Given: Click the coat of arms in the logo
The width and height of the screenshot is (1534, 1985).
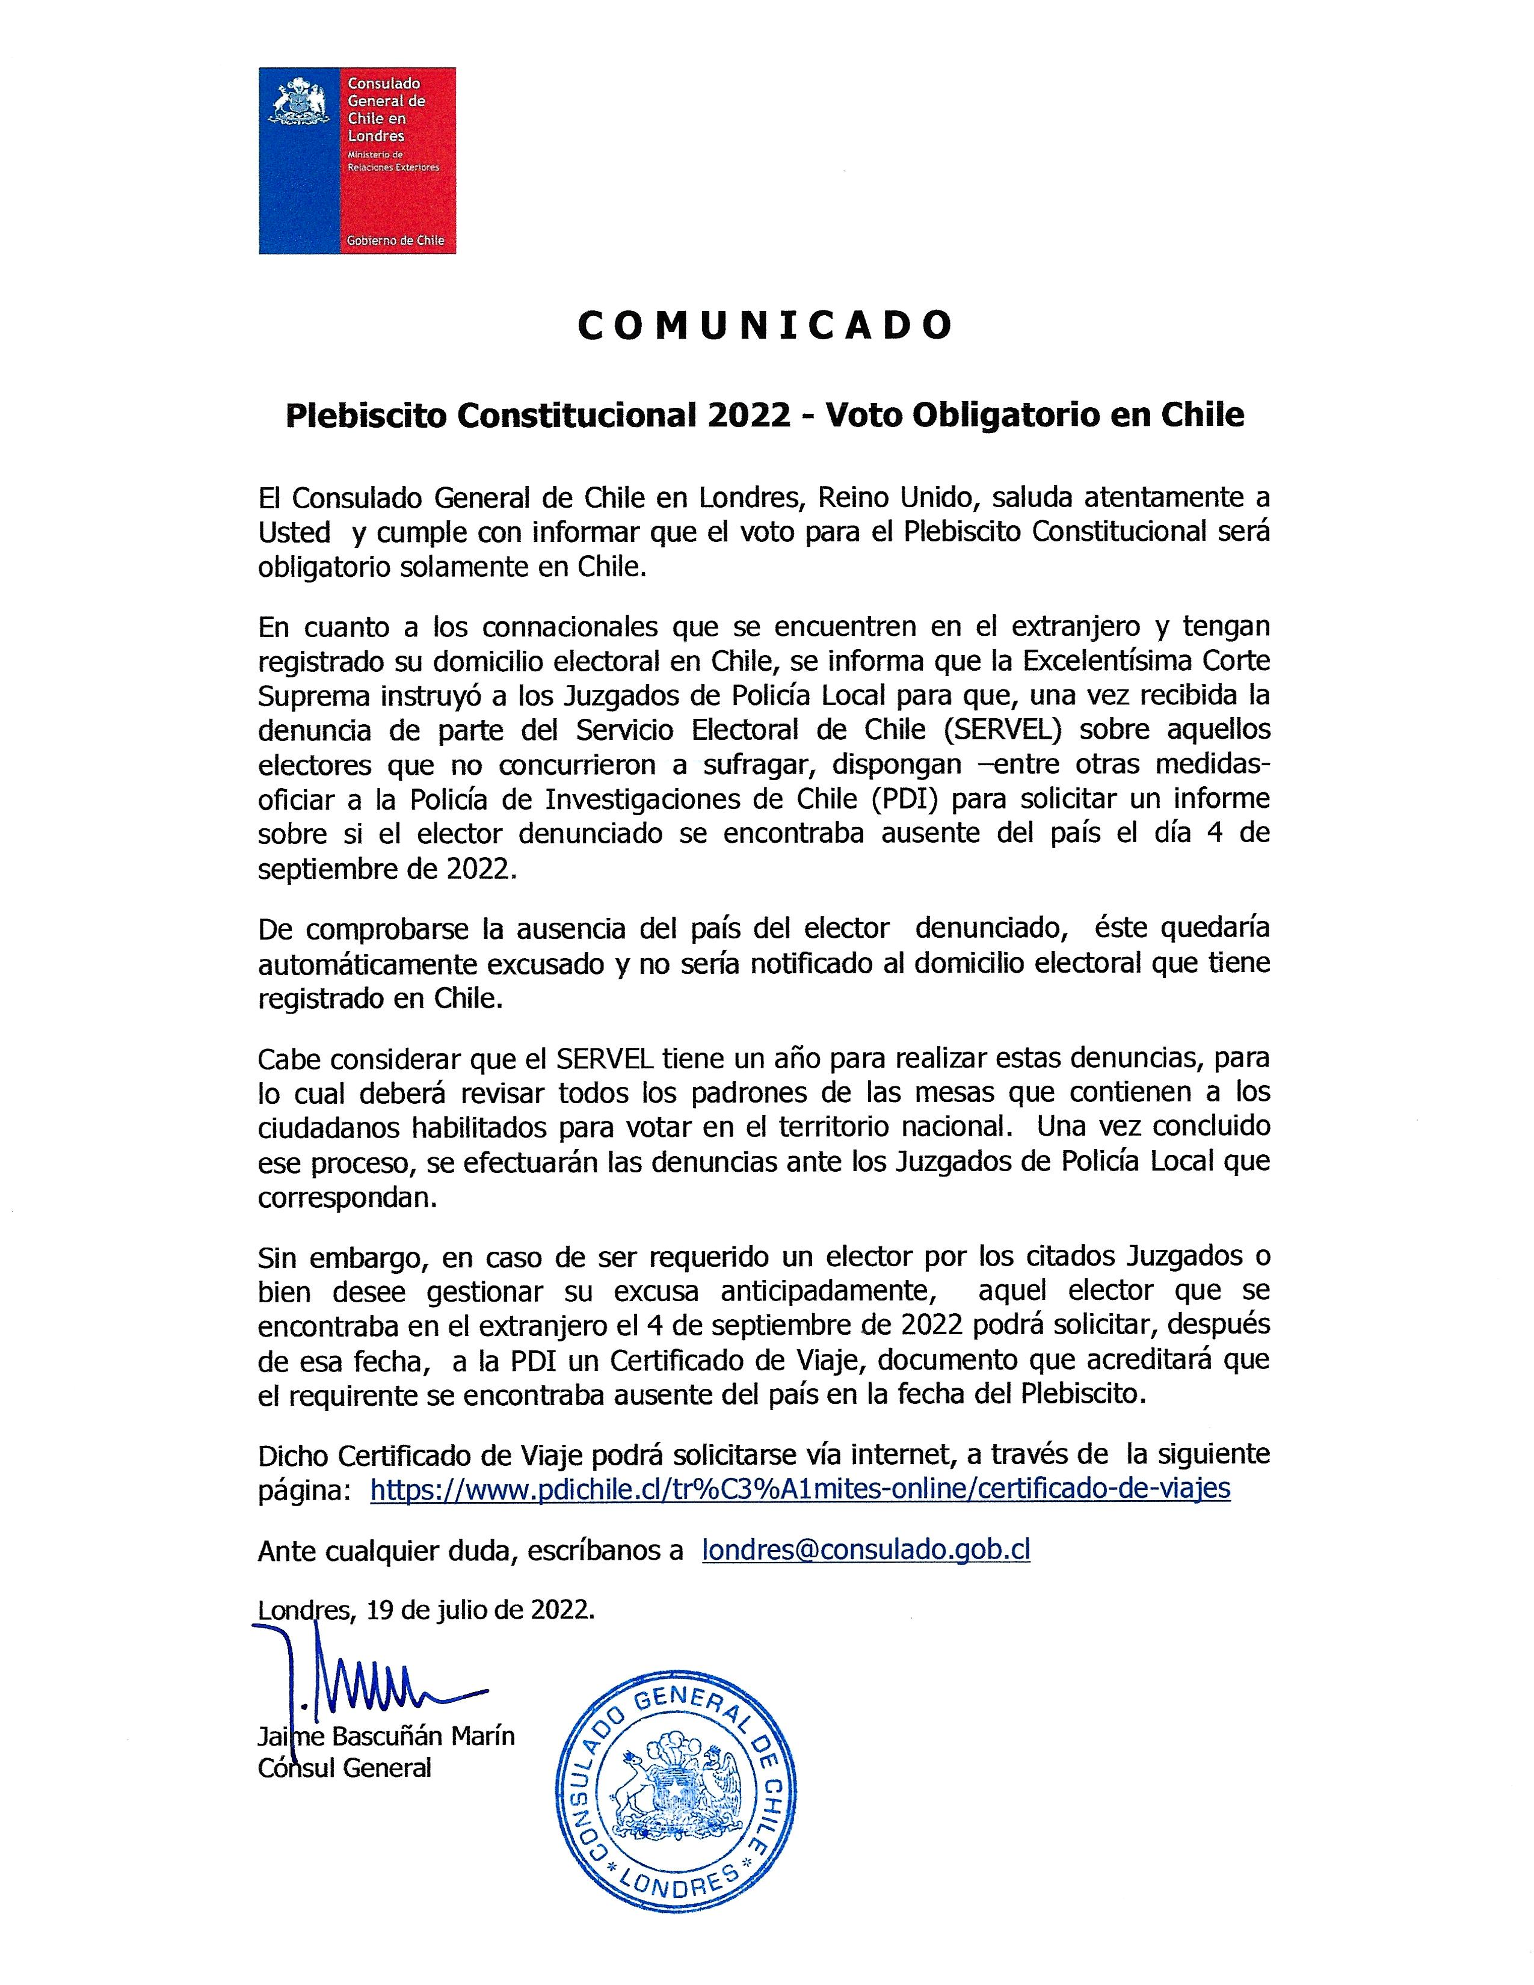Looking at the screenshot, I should pos(297,103).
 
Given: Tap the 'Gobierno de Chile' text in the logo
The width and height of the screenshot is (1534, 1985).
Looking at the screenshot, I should pos(395,240).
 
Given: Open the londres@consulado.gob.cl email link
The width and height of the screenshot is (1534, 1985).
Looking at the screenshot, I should pos(866,1550).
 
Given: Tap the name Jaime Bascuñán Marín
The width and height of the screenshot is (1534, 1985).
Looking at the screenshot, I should pos(386,1736).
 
